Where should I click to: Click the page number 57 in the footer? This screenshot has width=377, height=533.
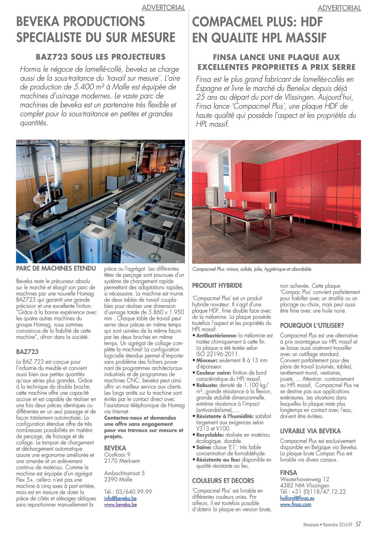(x=358, y=524)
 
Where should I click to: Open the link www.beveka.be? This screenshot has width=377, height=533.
(x=120, y=504)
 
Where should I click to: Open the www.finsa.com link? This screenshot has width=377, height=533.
(x=295, y=504)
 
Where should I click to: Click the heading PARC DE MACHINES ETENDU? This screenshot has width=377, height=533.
(x=56, y=268)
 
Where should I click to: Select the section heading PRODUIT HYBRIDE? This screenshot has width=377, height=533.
(x=217, y=285)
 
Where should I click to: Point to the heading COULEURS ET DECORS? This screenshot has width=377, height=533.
(x=223, y=481)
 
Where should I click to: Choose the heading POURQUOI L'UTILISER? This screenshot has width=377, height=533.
(x=312, y=325)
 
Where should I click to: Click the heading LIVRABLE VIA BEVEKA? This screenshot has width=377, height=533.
(x=310, y=431)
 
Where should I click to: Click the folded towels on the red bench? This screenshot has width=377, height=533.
(x=255, y=213)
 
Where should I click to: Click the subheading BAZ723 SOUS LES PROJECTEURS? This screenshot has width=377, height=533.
(x=101, y=57)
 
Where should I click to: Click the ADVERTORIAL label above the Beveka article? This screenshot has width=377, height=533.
(x=163, y=7)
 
